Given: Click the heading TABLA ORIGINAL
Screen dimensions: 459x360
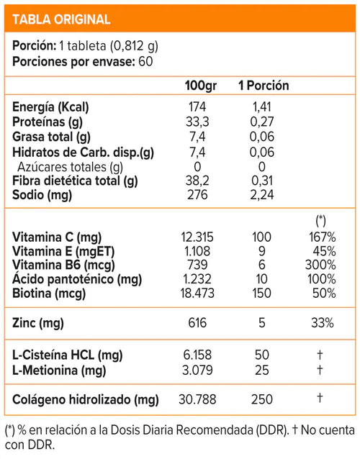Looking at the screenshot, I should pyautogui.click(x=62, y=19).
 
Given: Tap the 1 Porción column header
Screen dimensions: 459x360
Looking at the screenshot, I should pyautogui.click(x=264, y=86).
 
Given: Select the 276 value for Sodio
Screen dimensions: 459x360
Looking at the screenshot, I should pyautogui.click(x=197, y=194).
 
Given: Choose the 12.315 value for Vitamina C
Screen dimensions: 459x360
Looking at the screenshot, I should pyautogui.click(x=197, y=237).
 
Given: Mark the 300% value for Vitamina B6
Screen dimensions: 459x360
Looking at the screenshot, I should pyautogui.click(x=321, y=265).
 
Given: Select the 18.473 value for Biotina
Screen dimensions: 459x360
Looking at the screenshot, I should pyautogui.click(x=197, y=293).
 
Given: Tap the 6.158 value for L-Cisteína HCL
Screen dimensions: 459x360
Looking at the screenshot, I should pyautogui.click(x=197, y=354).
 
